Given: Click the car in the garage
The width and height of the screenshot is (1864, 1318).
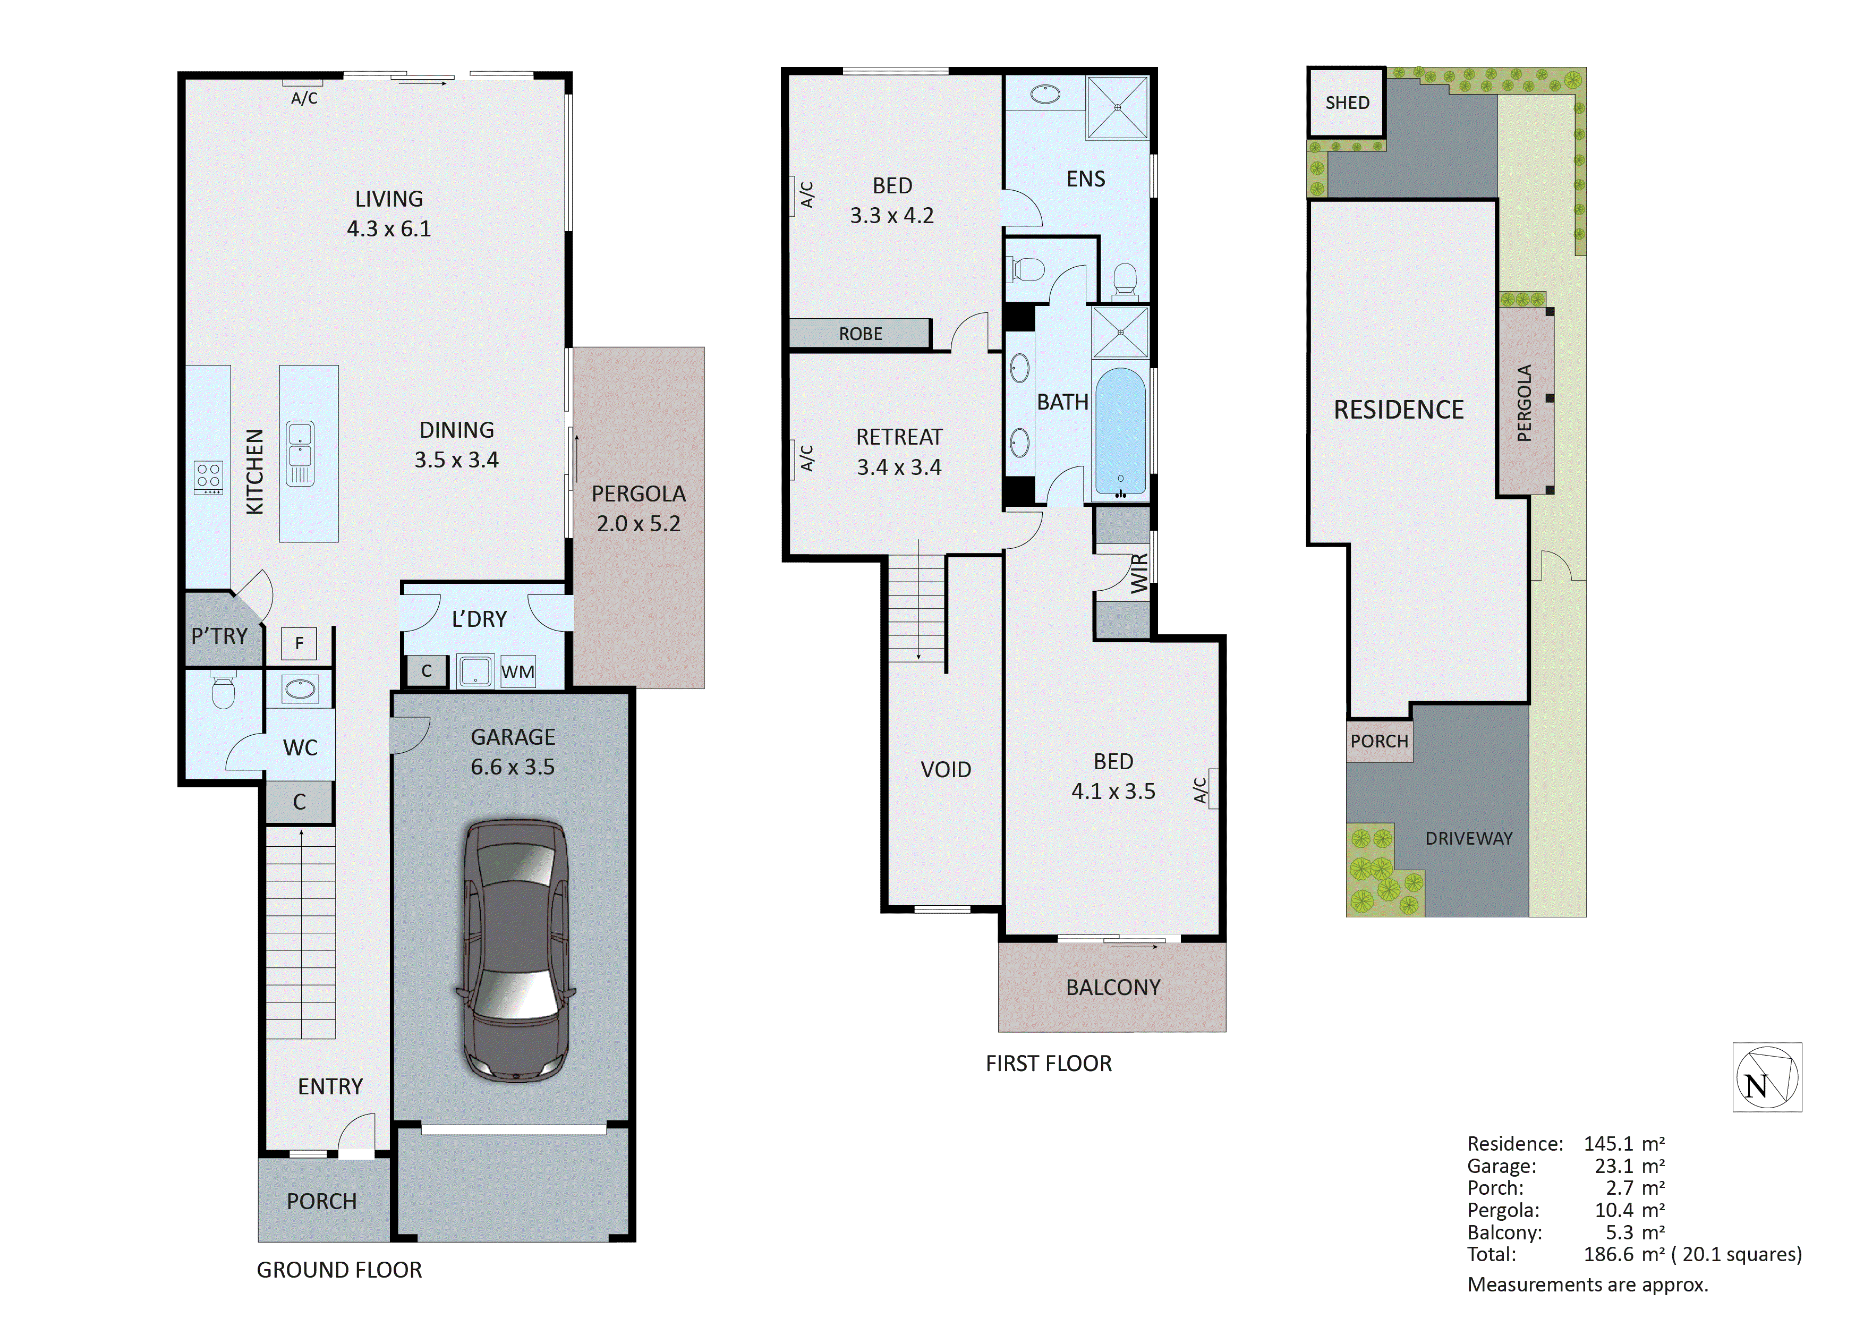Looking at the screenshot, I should click(x=515, y=950).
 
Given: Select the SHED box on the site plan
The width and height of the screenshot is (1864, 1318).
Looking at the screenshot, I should click(x=1346, y=103).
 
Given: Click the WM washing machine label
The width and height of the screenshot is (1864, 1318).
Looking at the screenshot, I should click(x=518, y=671).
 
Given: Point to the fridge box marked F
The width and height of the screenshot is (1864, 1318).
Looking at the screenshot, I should click(x=299, y=643).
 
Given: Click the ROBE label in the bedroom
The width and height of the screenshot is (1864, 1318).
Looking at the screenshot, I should click(x=861, y=334).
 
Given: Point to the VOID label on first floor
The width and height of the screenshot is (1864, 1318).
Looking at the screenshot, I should click(x=946, y=769).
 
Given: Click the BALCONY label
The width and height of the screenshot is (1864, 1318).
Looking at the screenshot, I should click(x=1113, y=988).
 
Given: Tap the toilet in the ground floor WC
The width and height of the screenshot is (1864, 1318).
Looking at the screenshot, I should click(x=223, y=691).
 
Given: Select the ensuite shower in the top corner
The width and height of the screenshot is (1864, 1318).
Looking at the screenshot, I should click(x=1118, y=107).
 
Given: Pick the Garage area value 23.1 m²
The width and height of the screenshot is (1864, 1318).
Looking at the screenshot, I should click(x=1629, y=1166).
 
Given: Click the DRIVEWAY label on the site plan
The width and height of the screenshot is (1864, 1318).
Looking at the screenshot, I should click(x=1469, y=838).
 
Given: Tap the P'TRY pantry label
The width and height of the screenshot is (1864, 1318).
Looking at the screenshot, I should click(x=219, y=636).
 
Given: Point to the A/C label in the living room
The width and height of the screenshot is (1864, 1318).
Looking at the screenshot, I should click(x=304, y=98).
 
